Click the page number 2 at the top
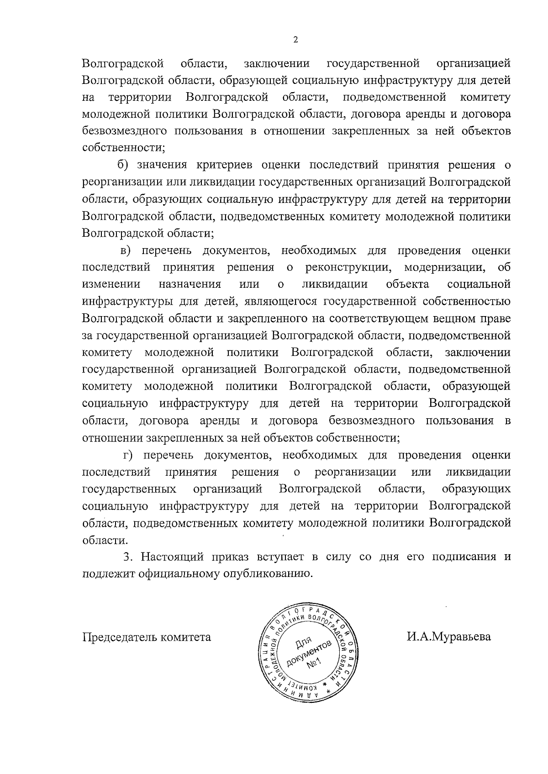(x=295, y=40)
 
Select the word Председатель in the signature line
(x=119, y=637)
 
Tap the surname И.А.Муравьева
(x=449, y=636)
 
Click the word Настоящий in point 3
(x=172, y=557)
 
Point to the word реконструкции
(x=347, y=267)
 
